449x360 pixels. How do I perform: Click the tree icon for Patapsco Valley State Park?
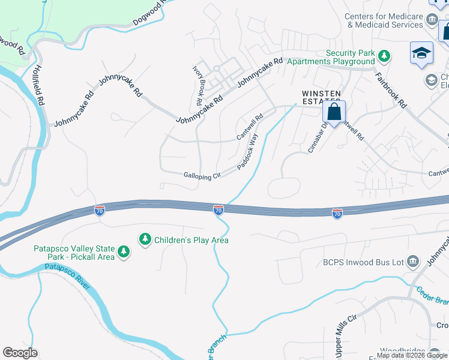[x=123, y=251]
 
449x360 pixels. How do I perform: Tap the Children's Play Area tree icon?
[x=145, y=240]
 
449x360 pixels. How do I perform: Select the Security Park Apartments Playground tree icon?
[x=384, y=57]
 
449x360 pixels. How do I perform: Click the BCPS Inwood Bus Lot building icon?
[x=412, y=261]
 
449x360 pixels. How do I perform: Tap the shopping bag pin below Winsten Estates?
[x=334, y=112]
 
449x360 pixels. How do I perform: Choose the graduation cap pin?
[x=421, y=54]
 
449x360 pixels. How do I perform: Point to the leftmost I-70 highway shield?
[x=100, y=211]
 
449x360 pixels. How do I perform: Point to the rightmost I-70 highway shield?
[x=337, y=214]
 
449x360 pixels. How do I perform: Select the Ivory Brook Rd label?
[x=200, y=82]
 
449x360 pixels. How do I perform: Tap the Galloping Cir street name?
[x=203, y=175]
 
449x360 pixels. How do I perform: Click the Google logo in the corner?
[x=20, y=353]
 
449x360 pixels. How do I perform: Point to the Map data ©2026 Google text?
[x=412, y=355]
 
